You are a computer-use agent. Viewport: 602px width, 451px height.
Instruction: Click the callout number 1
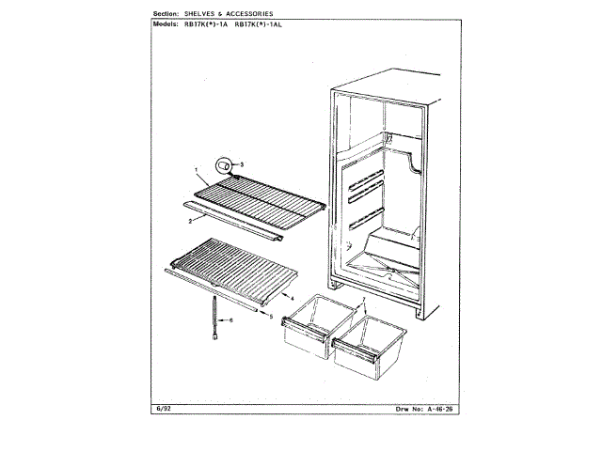(x=197, y=170)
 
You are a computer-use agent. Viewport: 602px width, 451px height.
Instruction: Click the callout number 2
(x=190, y=221)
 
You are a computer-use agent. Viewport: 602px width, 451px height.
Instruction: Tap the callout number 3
(x=242, y=164)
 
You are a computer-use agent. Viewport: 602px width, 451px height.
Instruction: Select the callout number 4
(x=279, y=296)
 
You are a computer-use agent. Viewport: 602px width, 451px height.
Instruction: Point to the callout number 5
(x=272, y=317)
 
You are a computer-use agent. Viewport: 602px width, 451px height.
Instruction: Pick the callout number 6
(x=231, y=319)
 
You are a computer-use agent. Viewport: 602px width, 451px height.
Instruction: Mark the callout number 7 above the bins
(x=362, y=300)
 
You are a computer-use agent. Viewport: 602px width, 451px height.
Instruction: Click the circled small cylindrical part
(x=225, y=165)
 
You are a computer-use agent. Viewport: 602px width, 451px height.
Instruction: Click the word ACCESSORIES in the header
(x=246, y=14)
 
